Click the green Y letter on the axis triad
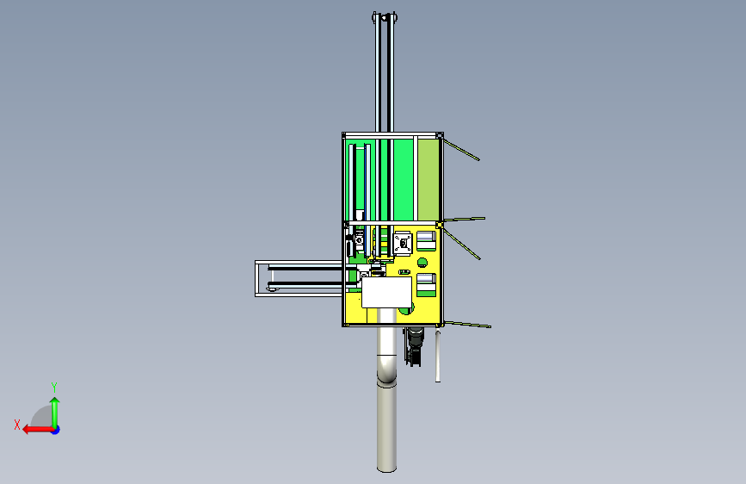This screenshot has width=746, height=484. (x=54, y=387)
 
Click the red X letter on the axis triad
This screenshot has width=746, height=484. (x=17, y=425)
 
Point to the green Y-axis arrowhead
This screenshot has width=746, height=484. (x=55, y=401)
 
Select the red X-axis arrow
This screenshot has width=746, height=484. (x=38, y=430)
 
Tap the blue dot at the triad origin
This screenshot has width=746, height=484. (x=56, y=430)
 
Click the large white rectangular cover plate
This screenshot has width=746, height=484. (x=386, y=293)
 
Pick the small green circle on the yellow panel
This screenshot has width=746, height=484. (x=422, y=263)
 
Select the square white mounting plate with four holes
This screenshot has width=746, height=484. (x=403, y=244)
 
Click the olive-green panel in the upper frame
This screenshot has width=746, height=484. (x=428, y=180)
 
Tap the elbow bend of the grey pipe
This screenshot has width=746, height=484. (x=387, y=370)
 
